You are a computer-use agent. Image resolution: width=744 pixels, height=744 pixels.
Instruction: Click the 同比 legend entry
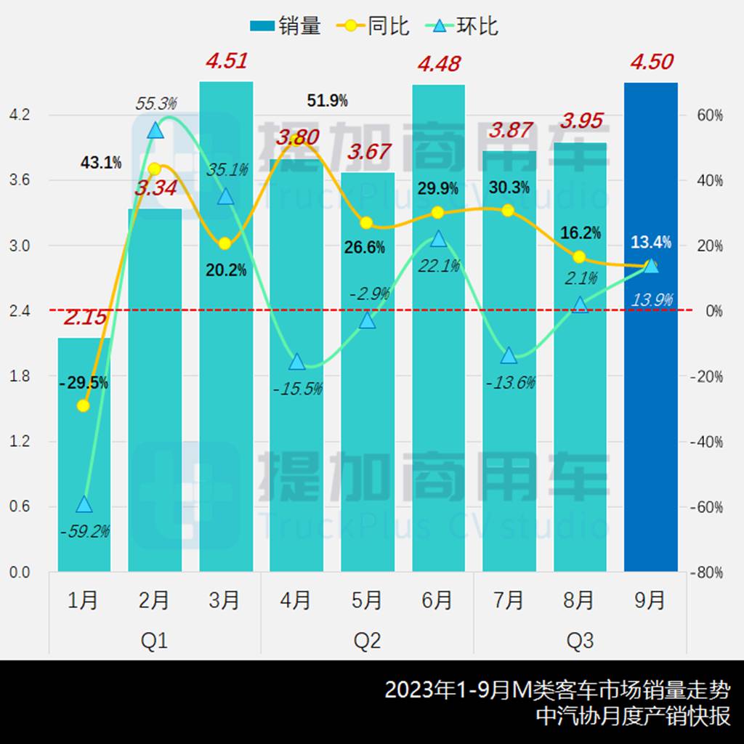pyautogui.click(x=373, y=26)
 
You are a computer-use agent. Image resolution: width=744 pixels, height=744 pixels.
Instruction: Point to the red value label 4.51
pyautogui.click(x=226, y=60)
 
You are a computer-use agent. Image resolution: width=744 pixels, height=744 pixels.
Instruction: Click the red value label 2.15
pyautogui.click(x=85, y=318)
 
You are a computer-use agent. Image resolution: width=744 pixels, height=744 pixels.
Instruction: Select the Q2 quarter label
pyautogui.click(x=367, y=641)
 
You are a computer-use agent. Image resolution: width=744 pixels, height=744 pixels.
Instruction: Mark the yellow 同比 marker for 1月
pyautogui.click(x=84, y=405)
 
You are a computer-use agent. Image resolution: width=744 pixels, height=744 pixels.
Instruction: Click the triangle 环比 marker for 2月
pyautogui.click(x=154, y=131)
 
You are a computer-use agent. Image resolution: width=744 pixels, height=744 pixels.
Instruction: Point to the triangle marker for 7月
pyautogui.click(x=509, y=355)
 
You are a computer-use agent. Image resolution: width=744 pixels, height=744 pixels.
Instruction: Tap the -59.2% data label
pyautogui.click(x=84, y=531)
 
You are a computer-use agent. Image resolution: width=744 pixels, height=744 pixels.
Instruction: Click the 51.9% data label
pyautogui.click(x=327, y=101)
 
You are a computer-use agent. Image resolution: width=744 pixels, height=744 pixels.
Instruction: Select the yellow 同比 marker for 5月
pyautogui.click(x=367, y=223)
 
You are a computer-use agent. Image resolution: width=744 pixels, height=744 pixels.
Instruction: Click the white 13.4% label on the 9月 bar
pyautogui.click(x=650, y=242)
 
